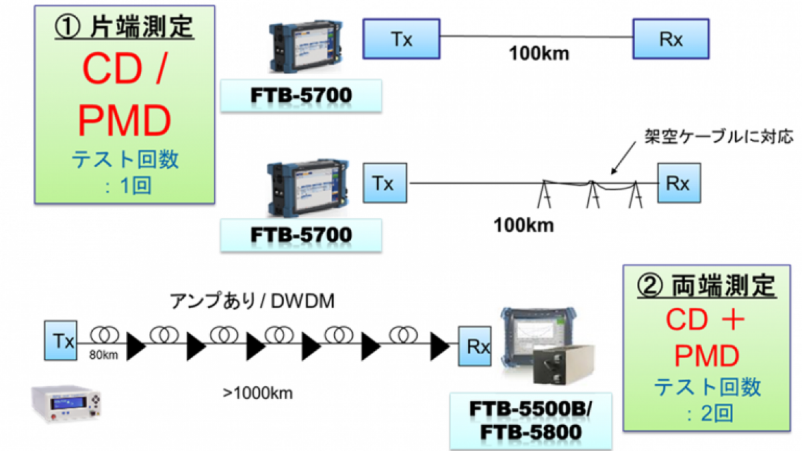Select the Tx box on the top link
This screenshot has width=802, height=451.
coord(401,39)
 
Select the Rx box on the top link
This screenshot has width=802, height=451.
coord(671,39)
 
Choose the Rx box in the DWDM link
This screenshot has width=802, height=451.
coord(477,347)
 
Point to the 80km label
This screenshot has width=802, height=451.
coord(104,355)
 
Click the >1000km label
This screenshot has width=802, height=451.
coord(258,393)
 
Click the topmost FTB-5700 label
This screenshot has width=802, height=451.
coord(301,96)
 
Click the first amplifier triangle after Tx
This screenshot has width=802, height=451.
coord(136,345)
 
